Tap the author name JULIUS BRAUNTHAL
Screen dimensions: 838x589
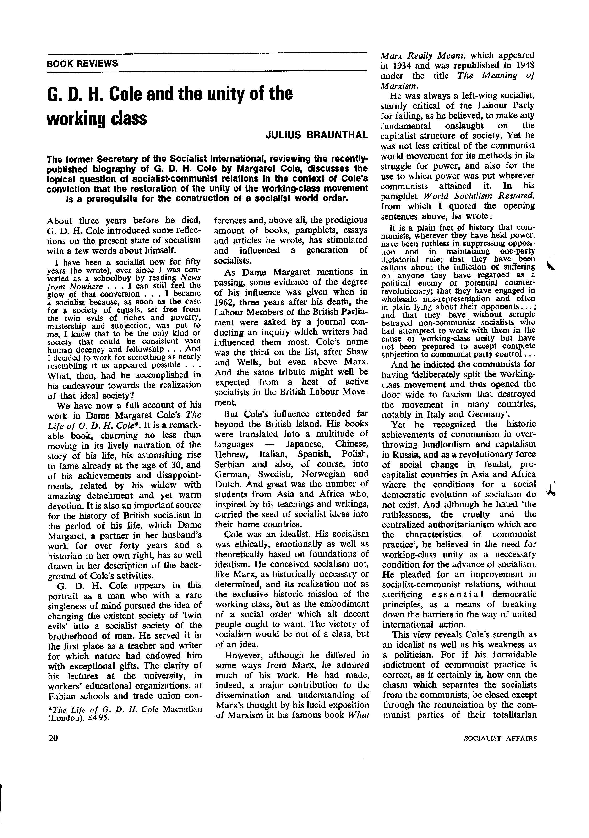[x=316, y=135]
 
